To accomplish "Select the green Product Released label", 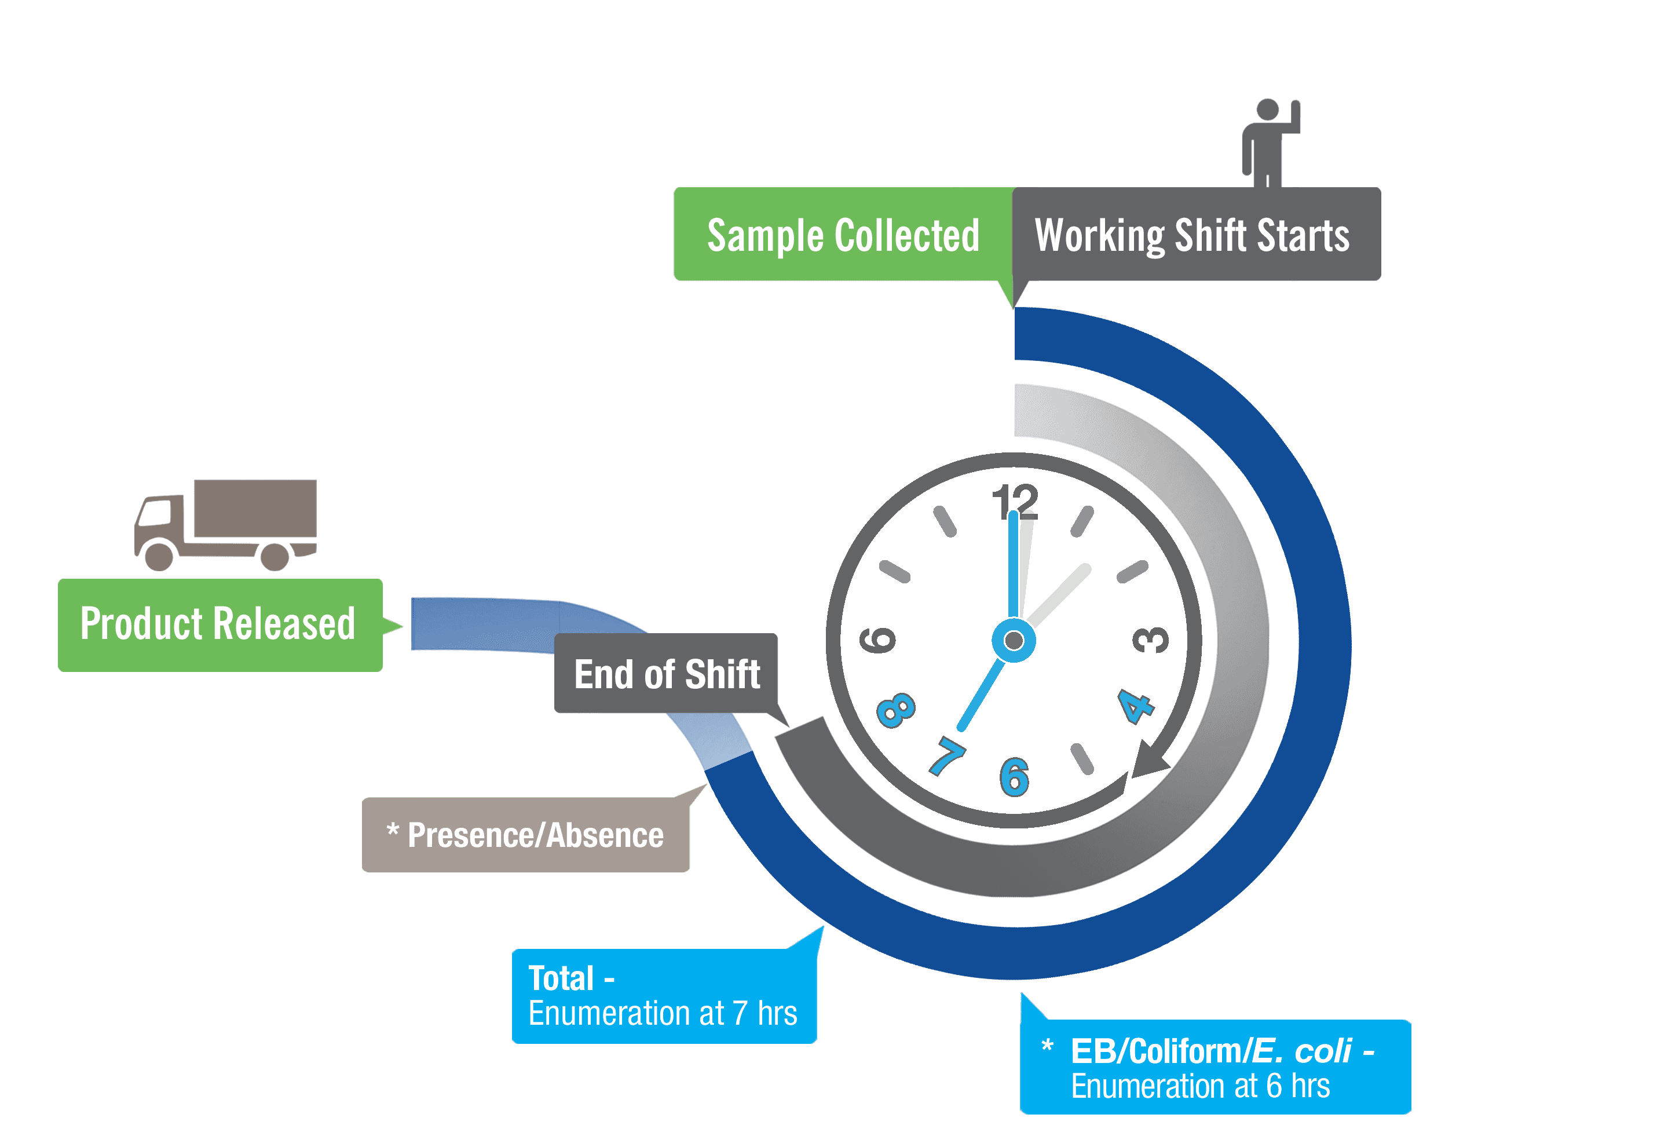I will pos(219,624).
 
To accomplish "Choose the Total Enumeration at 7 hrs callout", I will pos(663,996).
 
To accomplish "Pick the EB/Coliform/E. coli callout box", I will pos(1214,1067).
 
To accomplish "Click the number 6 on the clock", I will pos(1014,777).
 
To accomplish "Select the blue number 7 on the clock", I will pos(948,756).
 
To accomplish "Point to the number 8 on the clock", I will pos(896,710).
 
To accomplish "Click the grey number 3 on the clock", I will pos(1151,640).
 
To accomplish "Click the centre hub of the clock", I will pos(1014,640).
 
